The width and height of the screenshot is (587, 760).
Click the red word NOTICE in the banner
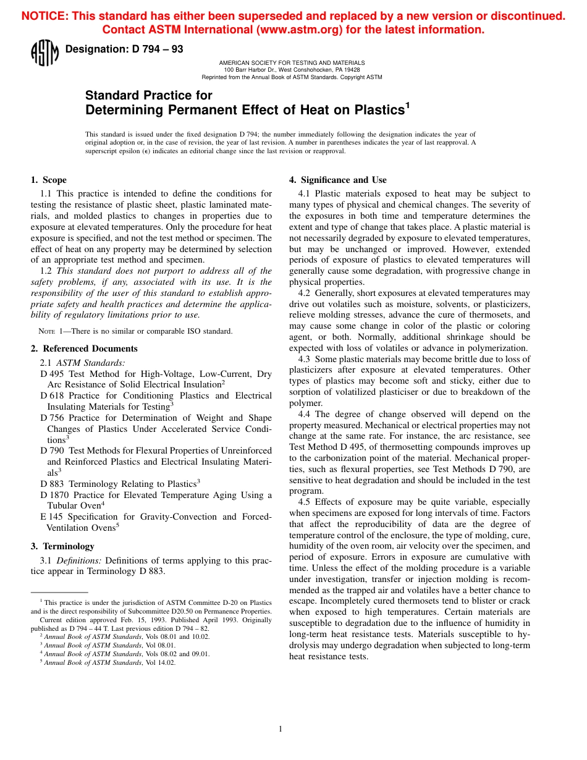tap(44, 17)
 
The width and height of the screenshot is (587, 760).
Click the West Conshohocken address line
tap(292, 70)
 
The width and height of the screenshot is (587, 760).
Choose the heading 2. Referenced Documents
tap(84, 348)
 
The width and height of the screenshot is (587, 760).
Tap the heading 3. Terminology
tap(62, 546)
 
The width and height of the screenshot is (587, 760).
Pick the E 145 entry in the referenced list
tap(51, 517)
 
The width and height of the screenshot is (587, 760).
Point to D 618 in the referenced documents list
tap(51, 395)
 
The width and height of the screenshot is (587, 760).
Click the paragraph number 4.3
tap(304, 359)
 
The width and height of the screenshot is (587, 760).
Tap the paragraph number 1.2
tap(46, 271)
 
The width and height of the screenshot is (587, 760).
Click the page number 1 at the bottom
tap(281, 729)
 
